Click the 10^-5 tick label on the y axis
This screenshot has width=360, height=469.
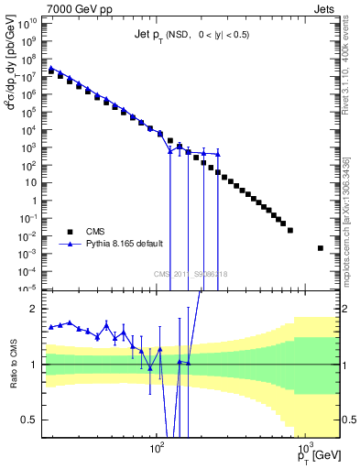pos(29,289)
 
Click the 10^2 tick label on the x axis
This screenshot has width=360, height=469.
pos(157,450)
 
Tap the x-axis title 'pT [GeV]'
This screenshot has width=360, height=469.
pos(315,455)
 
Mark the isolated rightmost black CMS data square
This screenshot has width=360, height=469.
pos(320,248)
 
